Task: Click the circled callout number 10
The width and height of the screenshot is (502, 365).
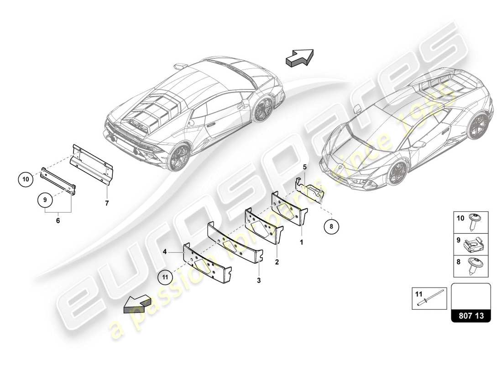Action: (26, 180)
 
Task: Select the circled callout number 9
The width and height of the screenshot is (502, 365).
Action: (45, 199)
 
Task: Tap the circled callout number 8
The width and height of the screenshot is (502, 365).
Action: (332, 225)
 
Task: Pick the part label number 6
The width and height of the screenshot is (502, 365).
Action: (58, 220)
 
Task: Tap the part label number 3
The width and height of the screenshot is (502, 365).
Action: (258, 281)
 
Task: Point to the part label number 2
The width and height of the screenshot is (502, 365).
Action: (277, 262)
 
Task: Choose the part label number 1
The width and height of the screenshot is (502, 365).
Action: (301, 243)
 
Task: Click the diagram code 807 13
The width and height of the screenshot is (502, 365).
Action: (471, 315)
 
